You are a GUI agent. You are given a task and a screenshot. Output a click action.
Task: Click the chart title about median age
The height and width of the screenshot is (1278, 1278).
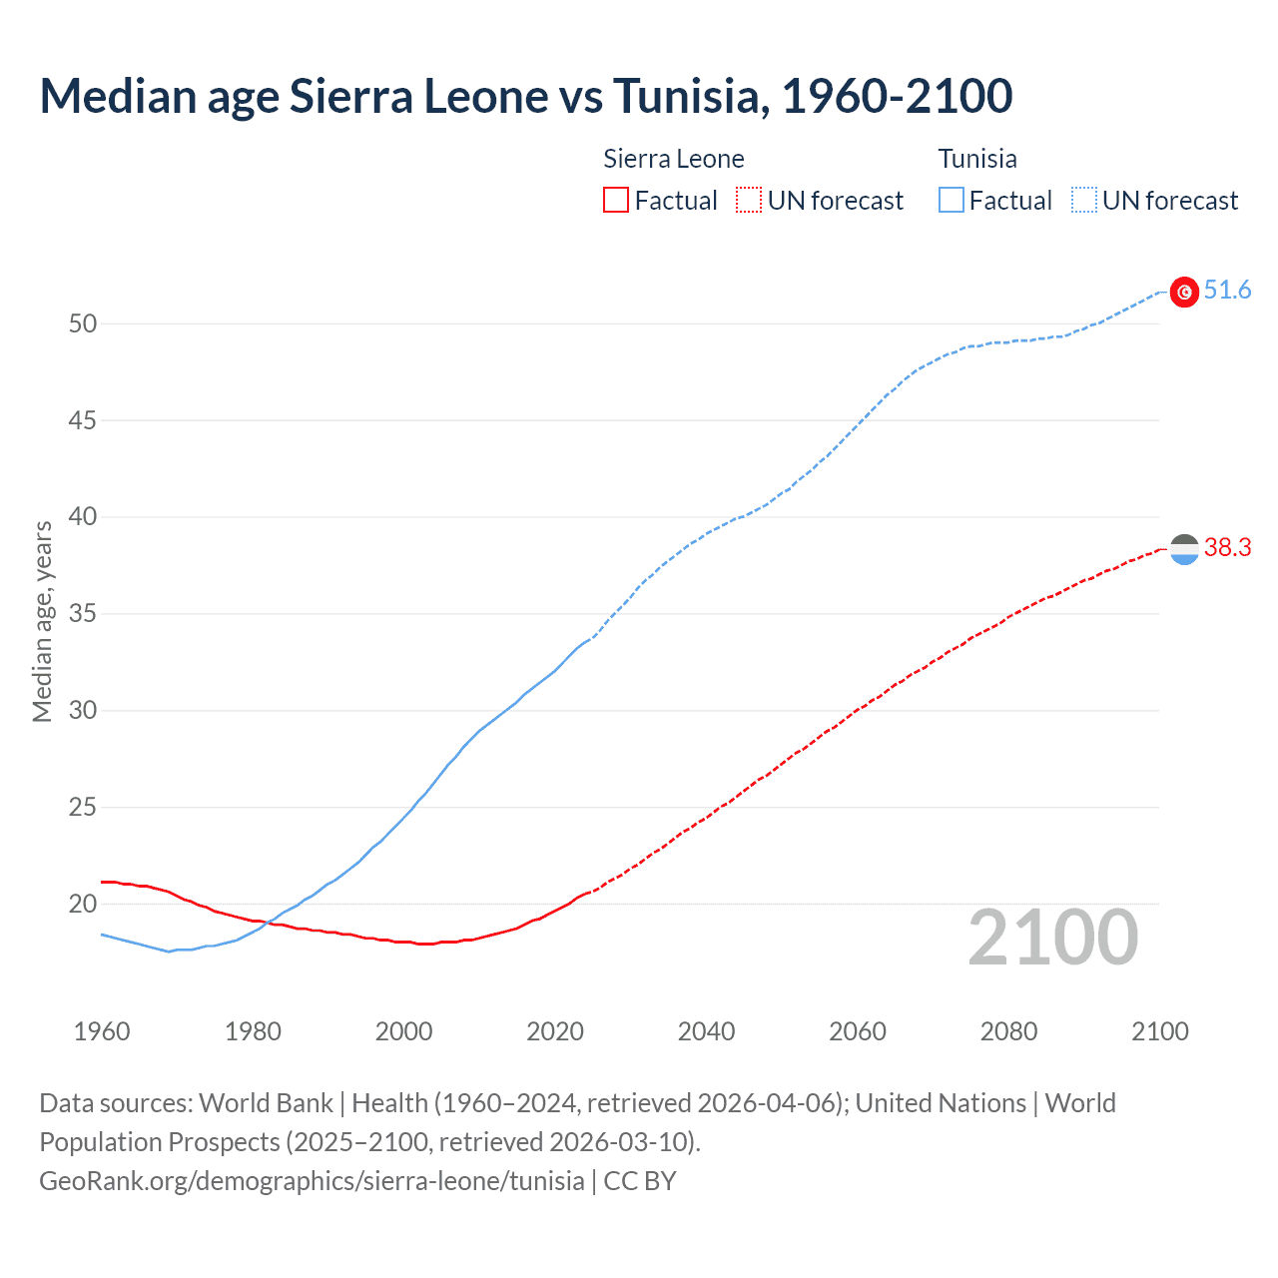[x=526, y=96]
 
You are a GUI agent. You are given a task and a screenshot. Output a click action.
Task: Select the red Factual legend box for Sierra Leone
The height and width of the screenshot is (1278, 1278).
[x=616, y=201]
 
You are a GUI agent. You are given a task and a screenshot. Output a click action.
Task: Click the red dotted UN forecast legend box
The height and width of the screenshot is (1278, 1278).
[x=749, y=201]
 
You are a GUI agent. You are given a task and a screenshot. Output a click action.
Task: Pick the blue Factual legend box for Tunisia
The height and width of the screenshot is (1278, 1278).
[x=951, y=201]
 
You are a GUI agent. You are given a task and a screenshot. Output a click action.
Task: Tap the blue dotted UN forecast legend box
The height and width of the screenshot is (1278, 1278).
[x=1083, y=201]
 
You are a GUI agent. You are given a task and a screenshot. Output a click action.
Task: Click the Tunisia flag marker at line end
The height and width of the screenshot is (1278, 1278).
[x=1184, y=292]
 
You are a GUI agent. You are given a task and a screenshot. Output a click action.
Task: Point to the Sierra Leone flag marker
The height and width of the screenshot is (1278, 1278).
[x=1184, y=549]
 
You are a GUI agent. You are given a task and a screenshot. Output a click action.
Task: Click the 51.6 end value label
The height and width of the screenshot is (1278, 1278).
[x=1227, y=291]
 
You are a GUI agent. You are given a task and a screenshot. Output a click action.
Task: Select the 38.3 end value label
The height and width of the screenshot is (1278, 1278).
[x=1227, y=547]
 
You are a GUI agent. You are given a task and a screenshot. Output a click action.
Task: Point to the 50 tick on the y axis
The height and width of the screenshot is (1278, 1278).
[x=83, y=323]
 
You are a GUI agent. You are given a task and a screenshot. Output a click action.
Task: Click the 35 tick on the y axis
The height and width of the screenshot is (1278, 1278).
[x=83, y=613]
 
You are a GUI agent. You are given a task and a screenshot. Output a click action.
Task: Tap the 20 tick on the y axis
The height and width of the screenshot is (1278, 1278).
[x=83, y=904]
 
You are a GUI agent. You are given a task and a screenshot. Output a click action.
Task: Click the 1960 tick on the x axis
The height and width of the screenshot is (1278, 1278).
[x=102, y=1031]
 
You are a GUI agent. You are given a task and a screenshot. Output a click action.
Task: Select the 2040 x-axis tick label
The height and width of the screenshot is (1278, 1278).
[x=706, y=1031]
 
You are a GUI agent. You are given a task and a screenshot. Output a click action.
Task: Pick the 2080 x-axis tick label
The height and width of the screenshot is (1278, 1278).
[x=1008, y=1031]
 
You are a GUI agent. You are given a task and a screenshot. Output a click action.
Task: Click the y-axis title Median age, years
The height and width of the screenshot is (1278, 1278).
[x=42, y=621]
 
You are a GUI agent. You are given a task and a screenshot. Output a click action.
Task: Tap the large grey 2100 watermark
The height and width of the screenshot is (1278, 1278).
[x=1052, y=938]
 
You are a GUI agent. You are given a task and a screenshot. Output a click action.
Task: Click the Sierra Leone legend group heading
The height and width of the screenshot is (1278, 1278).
[x=674, y=159]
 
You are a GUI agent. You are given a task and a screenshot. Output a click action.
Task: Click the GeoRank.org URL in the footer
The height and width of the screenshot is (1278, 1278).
[x=312, y=1180]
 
